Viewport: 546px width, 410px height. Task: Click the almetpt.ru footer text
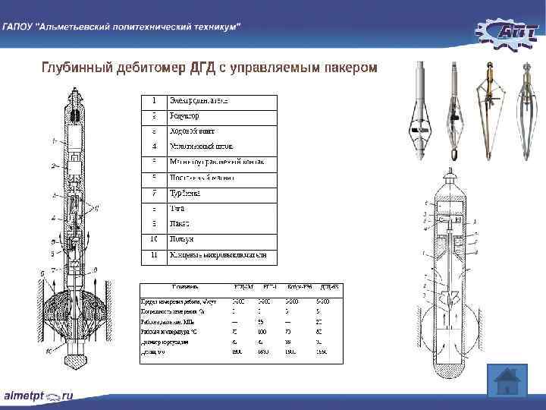[39, 396]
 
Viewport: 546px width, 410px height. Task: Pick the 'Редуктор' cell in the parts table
[184, 116]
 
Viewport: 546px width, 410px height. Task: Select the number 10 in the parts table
[154, 239]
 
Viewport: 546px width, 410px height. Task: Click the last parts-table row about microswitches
[218, 255]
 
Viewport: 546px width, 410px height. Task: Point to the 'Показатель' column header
[185, 287]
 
